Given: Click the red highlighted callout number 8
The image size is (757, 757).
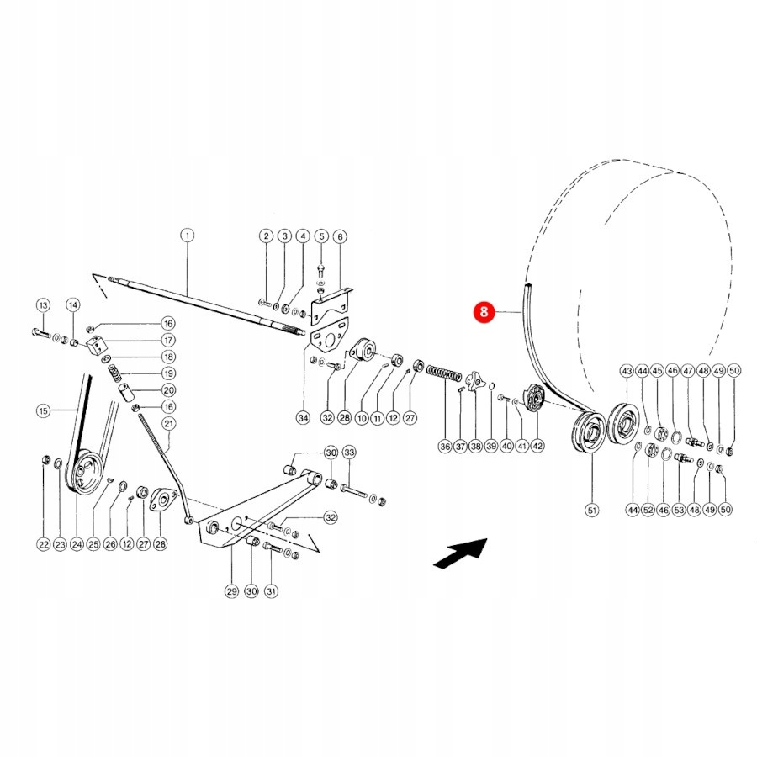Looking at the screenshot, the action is click(484, 312).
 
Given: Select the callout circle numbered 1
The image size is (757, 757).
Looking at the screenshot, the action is click(187, 236).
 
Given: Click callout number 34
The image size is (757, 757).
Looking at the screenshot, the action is click(303, 417).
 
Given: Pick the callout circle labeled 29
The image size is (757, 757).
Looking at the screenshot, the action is click(232, 591).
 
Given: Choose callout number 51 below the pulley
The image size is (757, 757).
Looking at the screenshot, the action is click(592, 510).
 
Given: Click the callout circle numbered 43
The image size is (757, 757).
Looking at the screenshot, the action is click(627, 371).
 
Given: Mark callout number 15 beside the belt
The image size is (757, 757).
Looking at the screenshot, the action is click(43, 410).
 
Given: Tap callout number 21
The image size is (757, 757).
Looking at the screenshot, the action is click(168, 424).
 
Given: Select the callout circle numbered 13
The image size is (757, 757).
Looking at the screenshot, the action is click(43, 305).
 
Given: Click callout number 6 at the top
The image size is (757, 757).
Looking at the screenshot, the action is click(340, 236).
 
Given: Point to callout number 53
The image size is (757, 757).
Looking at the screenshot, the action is click(679, 510).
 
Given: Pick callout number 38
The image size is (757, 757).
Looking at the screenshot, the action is click(475, 447).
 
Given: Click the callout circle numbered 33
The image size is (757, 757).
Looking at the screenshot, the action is click(349, 453).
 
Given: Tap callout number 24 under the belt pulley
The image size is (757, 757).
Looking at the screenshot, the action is click(77, 544).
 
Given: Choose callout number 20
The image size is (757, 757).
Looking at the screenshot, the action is click(168, 390).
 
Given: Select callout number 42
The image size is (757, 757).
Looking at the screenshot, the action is click(537, 446).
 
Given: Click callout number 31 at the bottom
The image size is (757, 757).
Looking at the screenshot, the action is click(272, 591).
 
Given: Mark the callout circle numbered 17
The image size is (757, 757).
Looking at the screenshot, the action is click(168, 341).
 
